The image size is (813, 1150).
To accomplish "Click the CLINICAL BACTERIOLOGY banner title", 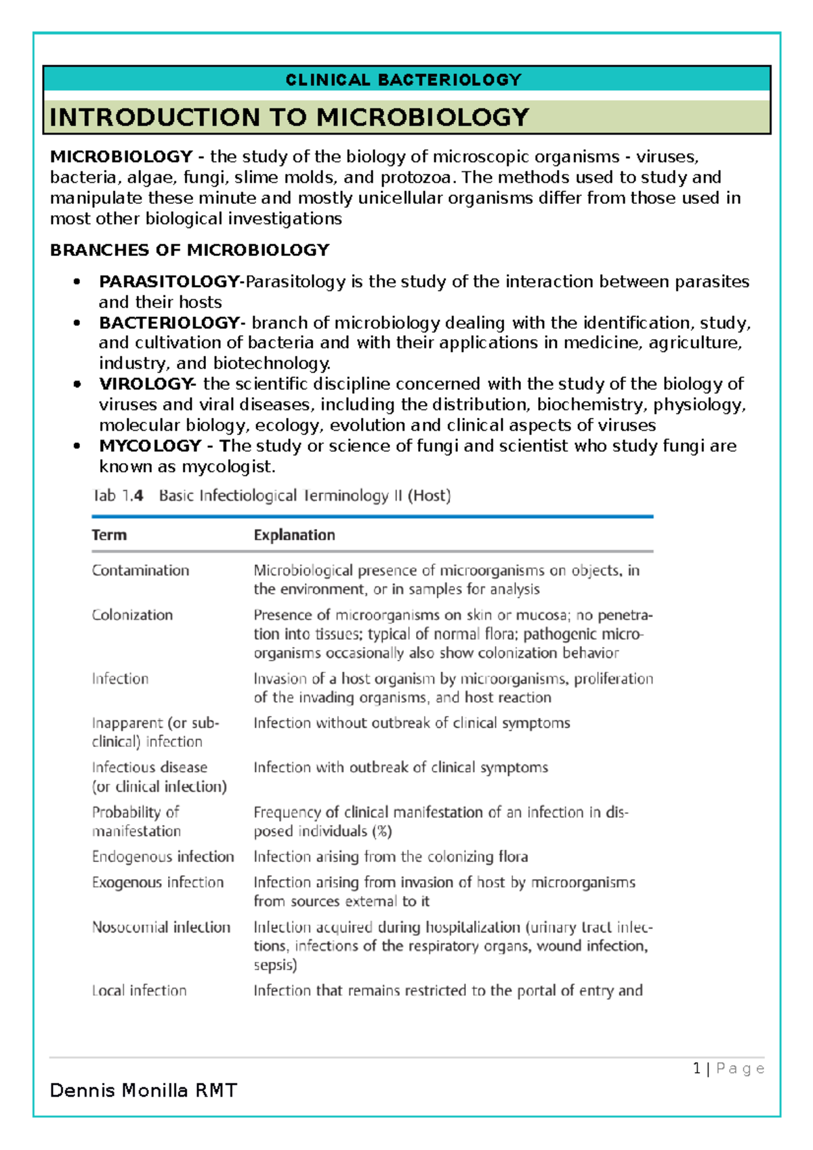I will point(404,80).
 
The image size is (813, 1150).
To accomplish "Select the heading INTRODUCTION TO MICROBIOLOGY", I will point(289,117).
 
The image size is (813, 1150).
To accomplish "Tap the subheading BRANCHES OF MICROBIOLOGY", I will point(190,250).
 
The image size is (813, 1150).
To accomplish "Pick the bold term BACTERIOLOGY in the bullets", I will point(169,322).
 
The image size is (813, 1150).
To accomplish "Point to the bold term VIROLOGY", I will point(146,384).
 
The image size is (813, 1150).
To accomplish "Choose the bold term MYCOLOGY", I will point(150,446).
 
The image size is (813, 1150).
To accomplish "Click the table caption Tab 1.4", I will point(118,496).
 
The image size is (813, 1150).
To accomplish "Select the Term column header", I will point(109,535).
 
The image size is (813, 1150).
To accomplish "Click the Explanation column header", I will point(294,535).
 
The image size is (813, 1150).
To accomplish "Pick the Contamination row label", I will point(140,570).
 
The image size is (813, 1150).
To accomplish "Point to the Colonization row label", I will point(132,615).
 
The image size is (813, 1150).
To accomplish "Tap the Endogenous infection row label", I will point(163,857).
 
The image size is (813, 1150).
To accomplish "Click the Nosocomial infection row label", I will point(161,927).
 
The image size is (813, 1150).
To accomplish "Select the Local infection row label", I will point(139,991).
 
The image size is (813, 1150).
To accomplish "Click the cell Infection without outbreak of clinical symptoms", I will point(411,723).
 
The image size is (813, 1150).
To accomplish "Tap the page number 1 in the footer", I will point(696,1069).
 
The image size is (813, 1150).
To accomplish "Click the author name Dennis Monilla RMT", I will point(144,1090).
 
